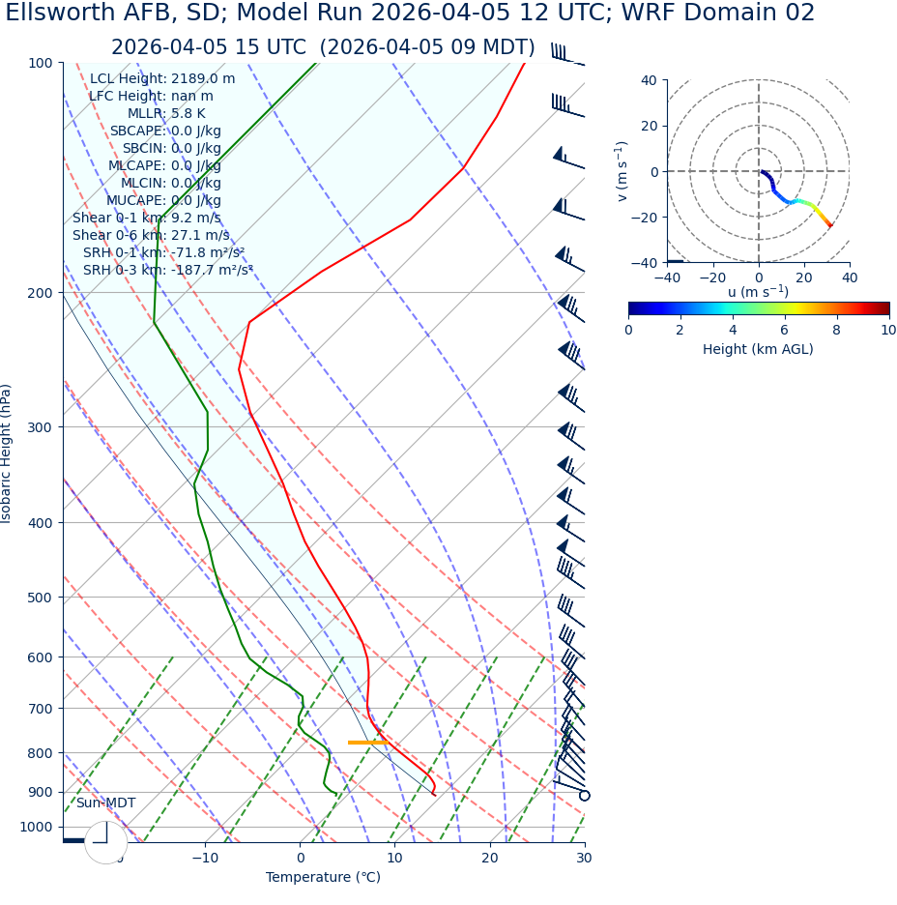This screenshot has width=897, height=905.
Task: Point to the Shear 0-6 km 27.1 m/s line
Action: [151, 235]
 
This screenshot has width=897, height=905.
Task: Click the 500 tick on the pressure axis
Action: [40, 598]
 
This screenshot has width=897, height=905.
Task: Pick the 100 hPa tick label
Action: [40, 63]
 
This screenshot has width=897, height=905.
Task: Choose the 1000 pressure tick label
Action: [36, 827]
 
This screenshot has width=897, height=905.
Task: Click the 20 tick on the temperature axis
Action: [489, 859]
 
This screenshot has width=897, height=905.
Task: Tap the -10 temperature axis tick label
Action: [205, 859]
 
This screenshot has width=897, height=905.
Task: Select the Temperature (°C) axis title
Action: [323, 878]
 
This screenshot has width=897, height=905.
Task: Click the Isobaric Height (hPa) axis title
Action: [8, 453]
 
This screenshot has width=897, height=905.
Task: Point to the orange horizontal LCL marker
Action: [367, 743]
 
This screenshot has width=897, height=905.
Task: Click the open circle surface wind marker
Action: [584, 796]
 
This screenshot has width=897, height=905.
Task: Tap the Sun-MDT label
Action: [105, 803]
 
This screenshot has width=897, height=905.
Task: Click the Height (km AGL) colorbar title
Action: [758, 349]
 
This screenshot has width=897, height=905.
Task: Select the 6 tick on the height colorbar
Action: [785, 330]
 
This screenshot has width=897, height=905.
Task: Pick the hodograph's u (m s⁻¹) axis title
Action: [758, 292]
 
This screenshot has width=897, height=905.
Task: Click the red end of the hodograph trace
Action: [829, 225]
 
